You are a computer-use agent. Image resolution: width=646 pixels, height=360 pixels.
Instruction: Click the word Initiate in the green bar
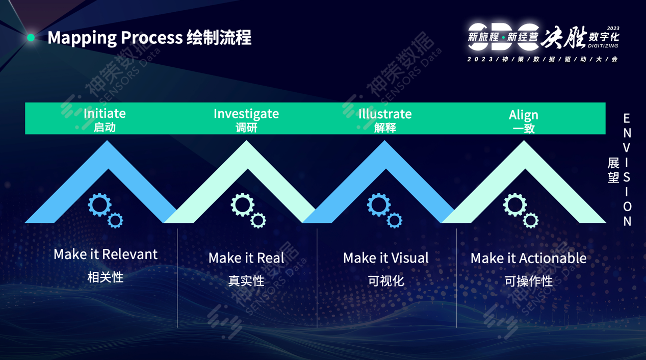pyautogui.click(x=105, y=113)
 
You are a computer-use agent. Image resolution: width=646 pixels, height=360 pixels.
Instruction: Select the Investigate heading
pyautogui.click(x=246, y=113)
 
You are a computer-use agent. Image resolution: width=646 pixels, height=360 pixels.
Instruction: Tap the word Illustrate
pyautogui.click(x=385, y=114)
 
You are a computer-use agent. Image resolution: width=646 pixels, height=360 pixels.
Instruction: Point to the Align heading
pyautogui.click(x=524, y=115)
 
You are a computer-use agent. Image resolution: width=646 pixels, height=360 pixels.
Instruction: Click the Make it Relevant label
pyautogui.click(x=106, y=254)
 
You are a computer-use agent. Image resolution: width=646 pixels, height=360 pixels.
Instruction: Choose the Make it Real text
pyautogui.click(x=246, y=258)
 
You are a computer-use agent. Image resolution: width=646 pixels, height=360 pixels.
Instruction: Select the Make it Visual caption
pyautogui.click(x=385, y=258)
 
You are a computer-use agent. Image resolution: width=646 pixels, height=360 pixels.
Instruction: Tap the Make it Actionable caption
pyautogui.click(x=528, y=258)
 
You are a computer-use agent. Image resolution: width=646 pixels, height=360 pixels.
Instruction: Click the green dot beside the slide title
pyautogui.click(x=31, y=38)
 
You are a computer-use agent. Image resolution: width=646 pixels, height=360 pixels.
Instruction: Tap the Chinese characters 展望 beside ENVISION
pyautogui.click(x=613, y=170)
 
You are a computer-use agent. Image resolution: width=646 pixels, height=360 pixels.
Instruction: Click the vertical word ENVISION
pyautogui.click(x=627, y=170)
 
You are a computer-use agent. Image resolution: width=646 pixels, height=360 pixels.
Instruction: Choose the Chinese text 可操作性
pyautogui.click(x=528, y=281)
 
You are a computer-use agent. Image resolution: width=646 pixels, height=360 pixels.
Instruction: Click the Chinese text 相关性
pyautogui.click(x=106, y=277)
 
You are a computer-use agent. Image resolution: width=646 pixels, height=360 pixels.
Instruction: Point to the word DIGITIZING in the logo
pyautogui.click(x=603, y=46)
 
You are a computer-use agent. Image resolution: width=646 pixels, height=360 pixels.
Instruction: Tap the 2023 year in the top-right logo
pyautogui.click(x=613, y=29)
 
